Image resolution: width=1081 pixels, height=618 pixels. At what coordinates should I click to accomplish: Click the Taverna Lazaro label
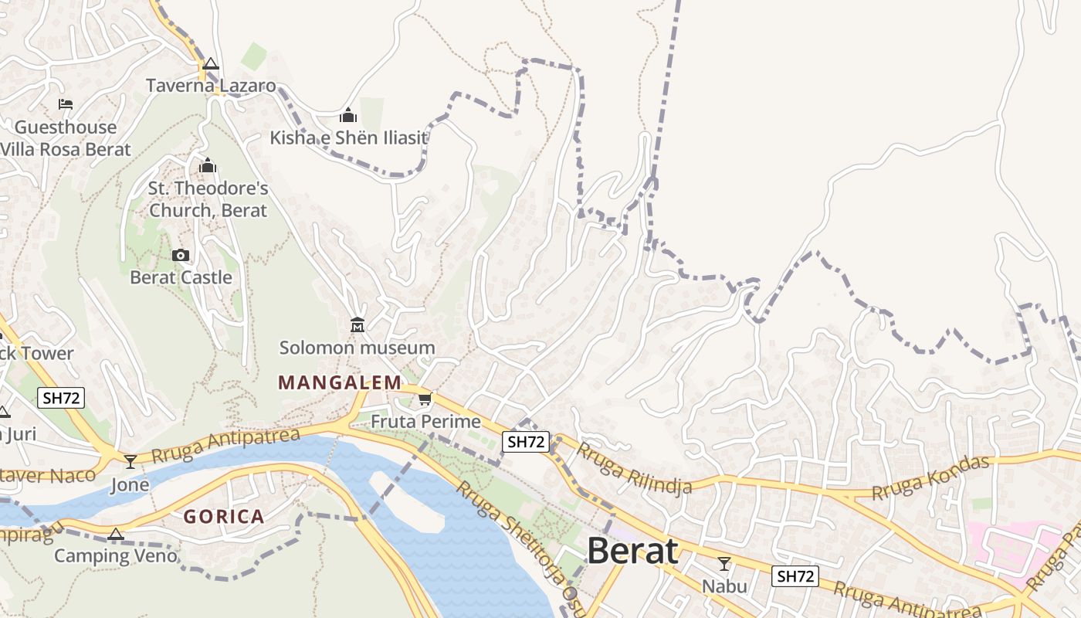tap(211, 86)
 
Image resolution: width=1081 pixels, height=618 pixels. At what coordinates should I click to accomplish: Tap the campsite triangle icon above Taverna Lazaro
tap(211, 64)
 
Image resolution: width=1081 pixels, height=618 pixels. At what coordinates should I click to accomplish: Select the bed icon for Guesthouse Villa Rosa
tap(66, 104)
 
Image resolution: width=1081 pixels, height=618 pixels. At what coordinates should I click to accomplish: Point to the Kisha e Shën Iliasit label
tap(348, 138)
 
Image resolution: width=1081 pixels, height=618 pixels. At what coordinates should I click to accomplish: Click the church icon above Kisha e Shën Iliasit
tap(348, 116)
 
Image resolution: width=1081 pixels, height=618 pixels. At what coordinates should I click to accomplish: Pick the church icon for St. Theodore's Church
tap(208, 165)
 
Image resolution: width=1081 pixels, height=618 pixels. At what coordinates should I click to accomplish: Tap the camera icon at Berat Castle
tap(181, 255)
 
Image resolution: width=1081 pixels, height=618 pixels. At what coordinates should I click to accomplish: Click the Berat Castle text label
tap(181, 277)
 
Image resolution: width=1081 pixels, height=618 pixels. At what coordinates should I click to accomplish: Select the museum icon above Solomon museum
tap(357, 325)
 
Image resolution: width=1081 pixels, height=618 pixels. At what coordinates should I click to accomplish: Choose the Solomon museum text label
tap(357, 348)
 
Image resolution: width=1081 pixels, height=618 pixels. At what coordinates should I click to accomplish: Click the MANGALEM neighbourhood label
tap(340, 382)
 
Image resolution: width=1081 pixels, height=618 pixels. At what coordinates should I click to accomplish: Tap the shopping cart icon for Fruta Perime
tap(425, 399)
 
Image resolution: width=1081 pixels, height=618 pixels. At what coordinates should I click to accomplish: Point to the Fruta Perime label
tap(425, 422)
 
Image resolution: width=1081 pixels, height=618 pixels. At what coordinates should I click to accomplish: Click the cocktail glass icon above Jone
tap(130, 462)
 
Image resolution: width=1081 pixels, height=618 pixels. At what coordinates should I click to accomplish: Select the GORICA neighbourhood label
tap(224, 517)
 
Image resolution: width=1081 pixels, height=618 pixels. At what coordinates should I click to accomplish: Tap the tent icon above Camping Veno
tap(116, 534)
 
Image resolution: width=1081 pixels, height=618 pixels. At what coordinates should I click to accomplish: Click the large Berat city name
tap(632, 551)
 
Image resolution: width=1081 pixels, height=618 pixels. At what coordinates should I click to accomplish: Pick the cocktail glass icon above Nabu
tap(724, 564)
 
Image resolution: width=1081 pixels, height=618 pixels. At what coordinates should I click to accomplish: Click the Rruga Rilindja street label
tap(634, 468)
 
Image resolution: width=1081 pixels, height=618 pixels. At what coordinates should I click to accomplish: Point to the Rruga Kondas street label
tap(930, 478)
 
